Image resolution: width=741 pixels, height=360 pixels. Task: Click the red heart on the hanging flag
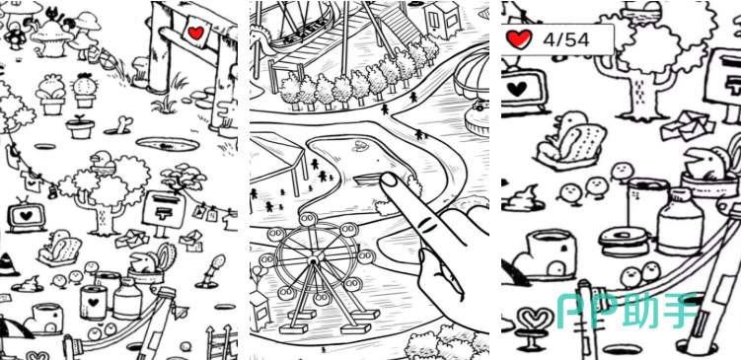pyautogui.click(x=195, y=33)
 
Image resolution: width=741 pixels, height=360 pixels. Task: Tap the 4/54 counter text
pyautogui.click(x=565, y=39)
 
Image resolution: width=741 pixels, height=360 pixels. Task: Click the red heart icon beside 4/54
pyautogui.click(x=519, y=39)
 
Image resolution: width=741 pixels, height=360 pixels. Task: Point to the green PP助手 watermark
pyautogui.click(x=628, y=310)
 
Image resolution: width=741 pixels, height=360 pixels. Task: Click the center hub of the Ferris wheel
pyautogui.click(x=313, y=259)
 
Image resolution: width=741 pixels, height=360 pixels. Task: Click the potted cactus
pyautogui.click(x=85, y=90)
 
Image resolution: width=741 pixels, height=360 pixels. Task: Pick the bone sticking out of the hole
pyautogui.click(x=123, y=124)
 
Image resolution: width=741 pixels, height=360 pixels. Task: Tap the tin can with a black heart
pyautogui.click(x=93, y=302)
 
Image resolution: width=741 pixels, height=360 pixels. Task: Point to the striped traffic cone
pyautogui.click(x=9, y=264)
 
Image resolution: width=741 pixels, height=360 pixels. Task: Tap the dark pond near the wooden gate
pyautogui.click(x=167, y=145)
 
